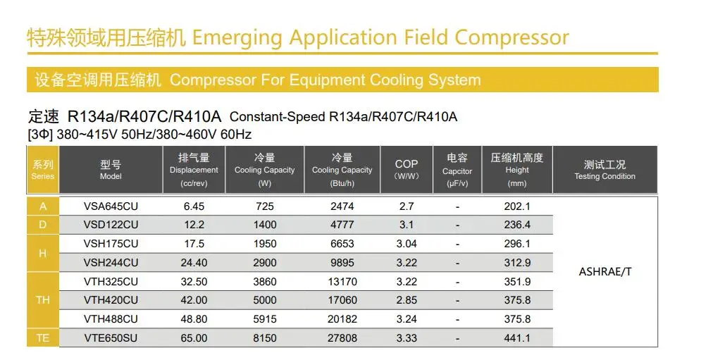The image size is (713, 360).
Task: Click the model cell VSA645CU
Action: click(x=111, y=206)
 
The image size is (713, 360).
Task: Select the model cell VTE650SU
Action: click(x=111, y=338)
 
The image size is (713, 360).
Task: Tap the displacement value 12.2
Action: click(x=194, y=225)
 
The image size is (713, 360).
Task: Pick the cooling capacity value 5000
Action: click(x=264, y=300)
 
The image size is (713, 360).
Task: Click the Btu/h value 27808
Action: click(x=342, y=338)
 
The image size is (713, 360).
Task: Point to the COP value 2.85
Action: click(x=407, y=300)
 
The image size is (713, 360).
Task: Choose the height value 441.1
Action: click(x=517, y=338)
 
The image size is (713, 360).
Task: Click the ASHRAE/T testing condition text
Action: click(x=604, y=272)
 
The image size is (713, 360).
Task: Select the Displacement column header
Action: click(x=194, y=170)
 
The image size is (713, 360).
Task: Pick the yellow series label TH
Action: click(x=43, y=300)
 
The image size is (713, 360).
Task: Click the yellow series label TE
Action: click(x=43, y=338)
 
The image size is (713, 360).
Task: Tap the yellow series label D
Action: click(x=43, y=225)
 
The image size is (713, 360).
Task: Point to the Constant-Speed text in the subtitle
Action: click(x=278, y=117)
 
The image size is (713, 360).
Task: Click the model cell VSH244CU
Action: click(x=111, y=263)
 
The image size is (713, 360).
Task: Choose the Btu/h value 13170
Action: click(x=342, y=282)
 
